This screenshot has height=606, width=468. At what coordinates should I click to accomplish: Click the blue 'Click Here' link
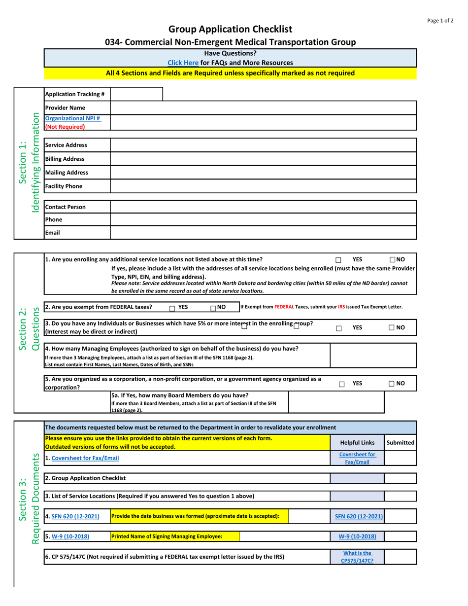coord(183,63)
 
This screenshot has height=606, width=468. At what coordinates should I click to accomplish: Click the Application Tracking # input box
coord(136,94)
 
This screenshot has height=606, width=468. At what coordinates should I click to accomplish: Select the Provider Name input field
coord(263,107)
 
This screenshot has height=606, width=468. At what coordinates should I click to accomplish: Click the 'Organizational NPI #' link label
coord(73,118)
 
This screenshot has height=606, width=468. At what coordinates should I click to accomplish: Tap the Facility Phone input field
coord(263,186)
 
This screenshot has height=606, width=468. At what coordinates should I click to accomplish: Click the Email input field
coord(263,232)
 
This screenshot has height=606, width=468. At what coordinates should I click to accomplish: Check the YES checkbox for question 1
coord(338,260)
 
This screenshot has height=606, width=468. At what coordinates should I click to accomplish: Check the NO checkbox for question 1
coord(392,259)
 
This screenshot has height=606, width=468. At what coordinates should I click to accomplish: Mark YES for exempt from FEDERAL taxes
coord(172,308)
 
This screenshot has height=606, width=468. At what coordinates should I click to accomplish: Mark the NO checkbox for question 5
coord(391,384)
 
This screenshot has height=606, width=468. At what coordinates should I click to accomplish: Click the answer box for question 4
coord(373,356)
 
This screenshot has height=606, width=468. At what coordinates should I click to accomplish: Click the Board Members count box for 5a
coord(335,402)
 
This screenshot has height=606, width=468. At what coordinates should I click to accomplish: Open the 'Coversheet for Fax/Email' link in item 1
coord(85,458)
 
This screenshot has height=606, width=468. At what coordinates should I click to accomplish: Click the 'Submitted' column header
coord(400,443)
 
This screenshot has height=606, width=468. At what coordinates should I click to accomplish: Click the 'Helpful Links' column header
coord(357,443)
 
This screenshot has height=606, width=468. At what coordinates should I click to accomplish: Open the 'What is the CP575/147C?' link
coord(357,557)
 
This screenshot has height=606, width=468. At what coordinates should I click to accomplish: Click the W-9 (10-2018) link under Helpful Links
coord(357,536)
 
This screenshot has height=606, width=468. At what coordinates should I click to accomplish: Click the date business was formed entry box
coord(309,516)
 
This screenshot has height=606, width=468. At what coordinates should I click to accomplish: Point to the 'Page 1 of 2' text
coord(440,21)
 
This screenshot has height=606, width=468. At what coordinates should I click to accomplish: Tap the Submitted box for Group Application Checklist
coord(400,478)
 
